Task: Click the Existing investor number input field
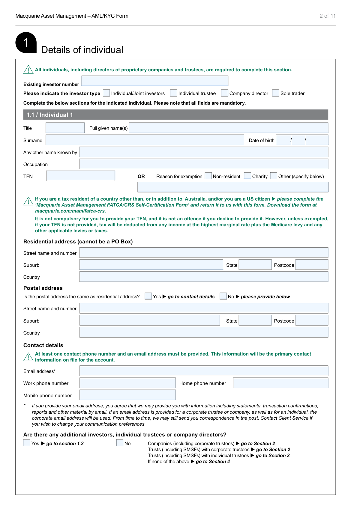pyautogui.click(x=155, y=81)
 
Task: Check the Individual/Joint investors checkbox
pyautogui.click(x=106, y=93)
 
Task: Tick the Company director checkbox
pyautogui.click(x=224, y=93)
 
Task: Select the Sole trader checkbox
pyautogui.click(x=275, y=93)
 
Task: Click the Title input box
pyautogui.click(x=65, y=128)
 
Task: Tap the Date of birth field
pyautogui.click(x=302, y=140)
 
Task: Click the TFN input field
pyautogui.click(x=80, y=176)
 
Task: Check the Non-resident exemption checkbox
pyautogui.click(x=208, y=176)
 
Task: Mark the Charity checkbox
pyautogui.click(x=247, y=176)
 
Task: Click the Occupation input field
pyautogui.click(x=204, y=164)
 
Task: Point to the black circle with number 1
pyautogui.click(x=26, y=43)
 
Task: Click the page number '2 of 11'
pyautogui.click(x=327, y=16)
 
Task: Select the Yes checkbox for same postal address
pyautogui.click(x=148, y=296)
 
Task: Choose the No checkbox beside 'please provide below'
pyautogui.click(x=223, y=296)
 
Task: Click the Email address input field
pyautogui.click(x=204, y=371)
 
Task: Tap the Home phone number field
pyautogui.click(x=280, y=383)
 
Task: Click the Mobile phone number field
pyautogui.click(x=127, y=395)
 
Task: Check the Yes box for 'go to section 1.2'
pyautogui.click(x=27, y=443)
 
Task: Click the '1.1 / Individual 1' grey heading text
pyautogui.click(x=50, y=115)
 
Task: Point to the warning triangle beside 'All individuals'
pyautogui.click(x=28, y=70)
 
